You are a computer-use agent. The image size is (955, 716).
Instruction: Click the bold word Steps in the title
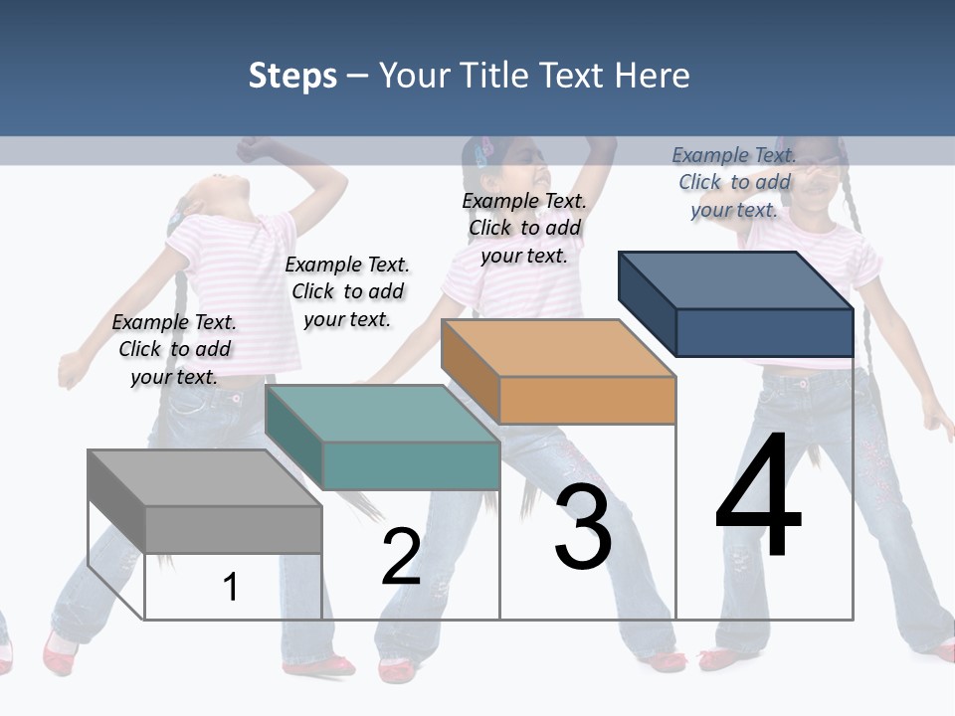coord(292,77)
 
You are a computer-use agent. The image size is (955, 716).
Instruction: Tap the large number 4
coord(758,497)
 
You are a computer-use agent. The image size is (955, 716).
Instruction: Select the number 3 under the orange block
coord(583,527)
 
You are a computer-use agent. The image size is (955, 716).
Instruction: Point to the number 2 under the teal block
coord(401,557)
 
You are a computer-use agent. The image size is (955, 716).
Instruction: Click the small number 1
coord(231,587)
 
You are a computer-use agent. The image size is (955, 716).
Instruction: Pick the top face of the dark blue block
coord(735,280)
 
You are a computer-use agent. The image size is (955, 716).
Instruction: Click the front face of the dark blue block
coord(764,332)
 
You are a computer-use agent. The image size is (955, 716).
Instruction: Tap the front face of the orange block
coord(587,400)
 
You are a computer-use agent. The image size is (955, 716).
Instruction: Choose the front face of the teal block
coord(411,465)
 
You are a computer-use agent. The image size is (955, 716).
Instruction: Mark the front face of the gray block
coord(234,529)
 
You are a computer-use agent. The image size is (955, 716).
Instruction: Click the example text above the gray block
coord(174,349)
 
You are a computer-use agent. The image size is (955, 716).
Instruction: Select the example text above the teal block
coord(347,291)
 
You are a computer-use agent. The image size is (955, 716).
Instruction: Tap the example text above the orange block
coord(524,228)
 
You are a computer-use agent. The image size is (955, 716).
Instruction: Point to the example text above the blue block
coord(734,182)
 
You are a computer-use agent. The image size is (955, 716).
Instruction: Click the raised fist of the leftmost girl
coord(251,149)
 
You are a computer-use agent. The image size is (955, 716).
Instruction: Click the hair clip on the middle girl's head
coord(483,152)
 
